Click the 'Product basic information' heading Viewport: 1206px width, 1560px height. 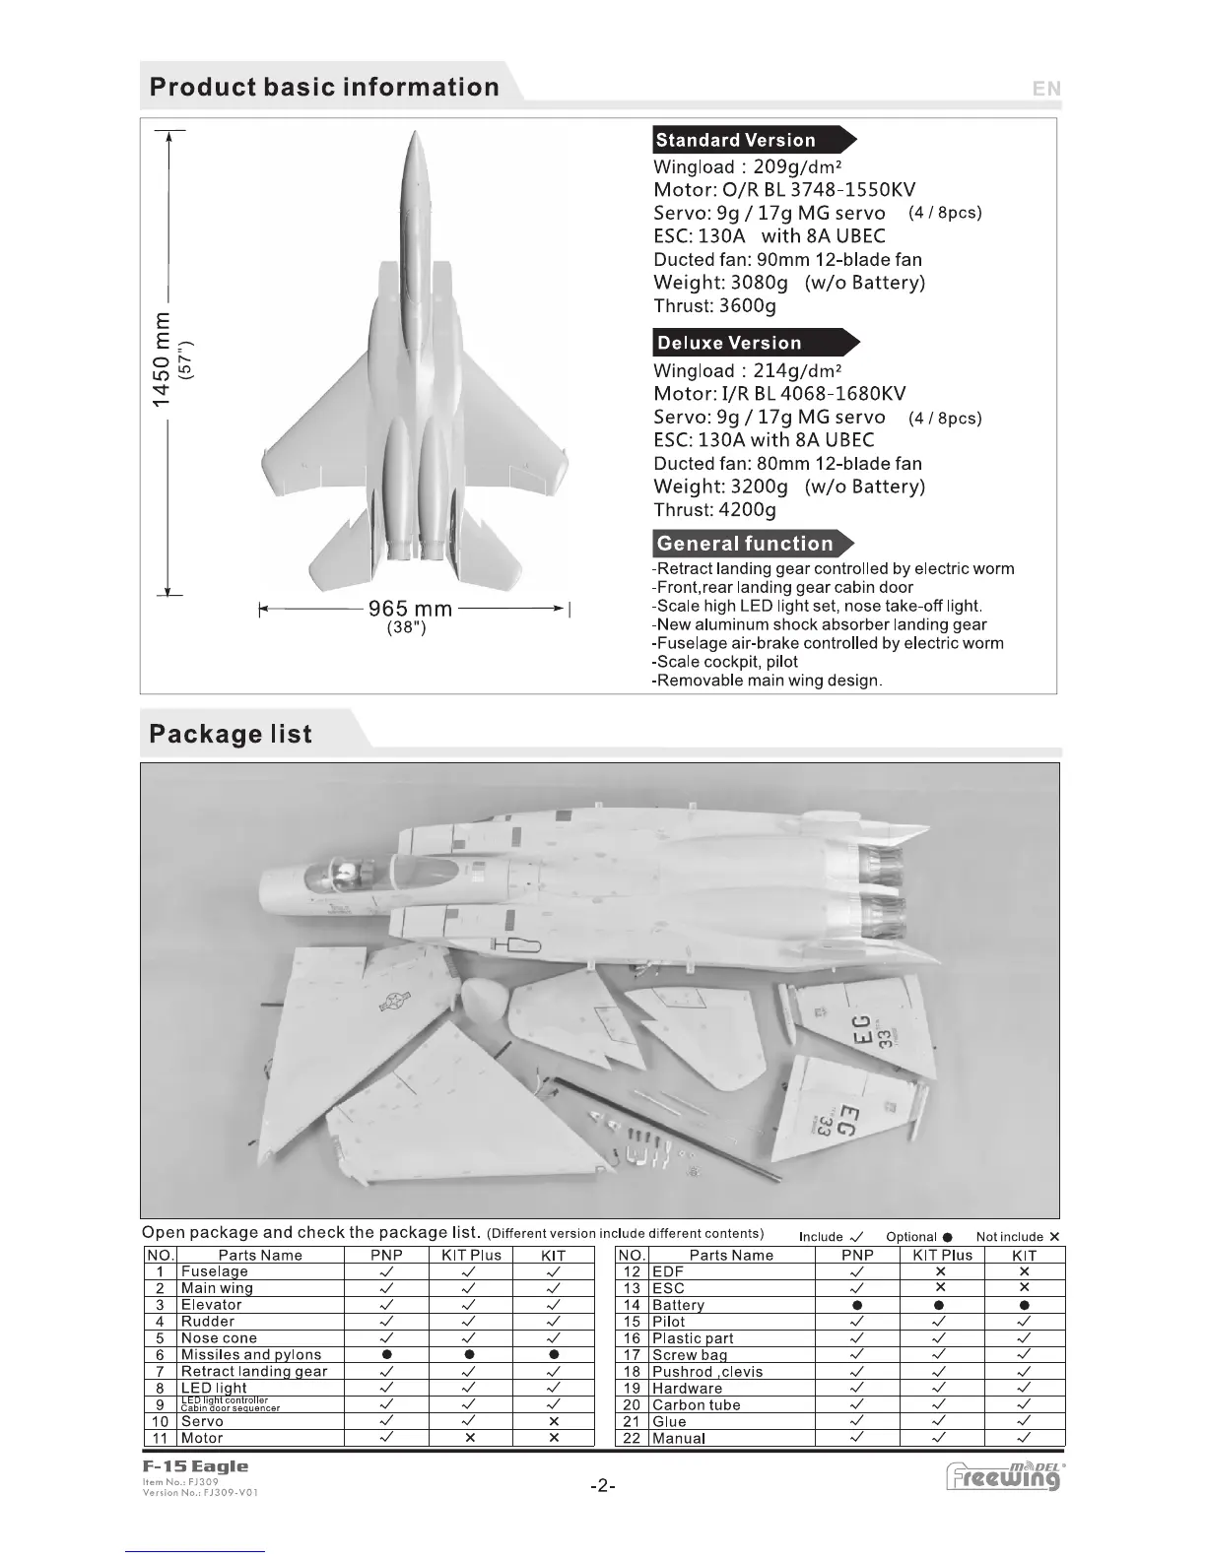[x=324, y=88]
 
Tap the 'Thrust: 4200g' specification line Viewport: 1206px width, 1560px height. [x=714, y=510]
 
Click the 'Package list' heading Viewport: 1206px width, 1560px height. [x=231, y=735]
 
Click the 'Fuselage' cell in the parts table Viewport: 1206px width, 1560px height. [x=215, y=1271]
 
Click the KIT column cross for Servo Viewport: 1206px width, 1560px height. [x=554, y=1421]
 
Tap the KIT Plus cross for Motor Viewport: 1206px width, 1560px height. [x=471, y=1438]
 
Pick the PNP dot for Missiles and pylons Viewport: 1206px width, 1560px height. [x=386, y=1355]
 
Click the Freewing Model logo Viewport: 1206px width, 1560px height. [x=1003, y=1476]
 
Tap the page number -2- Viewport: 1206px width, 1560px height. [x=602, y=1486]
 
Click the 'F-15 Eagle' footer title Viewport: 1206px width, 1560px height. [x=195, y=1467]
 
